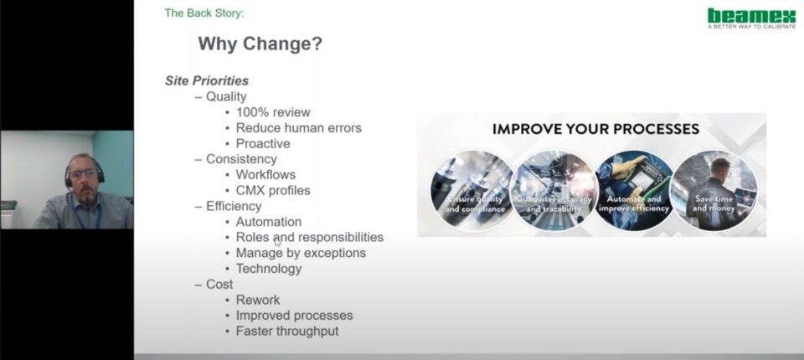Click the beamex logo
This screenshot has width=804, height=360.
pos(751,18)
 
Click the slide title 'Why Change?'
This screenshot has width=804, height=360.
pos(260,44)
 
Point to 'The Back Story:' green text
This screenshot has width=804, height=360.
pos(204,13)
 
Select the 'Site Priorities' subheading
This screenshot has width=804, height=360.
pos(207,81)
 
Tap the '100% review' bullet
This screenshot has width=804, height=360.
pos(273,112)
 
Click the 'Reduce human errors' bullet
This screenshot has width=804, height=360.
pos(298,128)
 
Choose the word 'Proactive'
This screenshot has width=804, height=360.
pos(263,144)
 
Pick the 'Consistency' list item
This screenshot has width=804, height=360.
pos(241,159)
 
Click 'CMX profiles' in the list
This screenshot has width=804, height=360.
pos(273,190)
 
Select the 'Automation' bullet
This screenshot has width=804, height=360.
pos(269,222)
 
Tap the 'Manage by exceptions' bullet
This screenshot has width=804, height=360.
pos(301,253)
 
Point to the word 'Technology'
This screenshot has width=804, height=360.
pos(269,269)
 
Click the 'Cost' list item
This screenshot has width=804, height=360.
pos(219,284)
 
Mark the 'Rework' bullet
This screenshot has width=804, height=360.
pos(258,300)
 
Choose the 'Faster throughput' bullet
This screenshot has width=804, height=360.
pos(287,332)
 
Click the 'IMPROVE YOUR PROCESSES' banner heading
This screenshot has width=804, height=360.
pos(595,129)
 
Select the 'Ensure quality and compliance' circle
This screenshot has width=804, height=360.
pos(472,190)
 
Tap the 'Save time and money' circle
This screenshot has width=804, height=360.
pos(714,190)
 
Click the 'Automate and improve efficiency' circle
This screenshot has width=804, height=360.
pos(634,190)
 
